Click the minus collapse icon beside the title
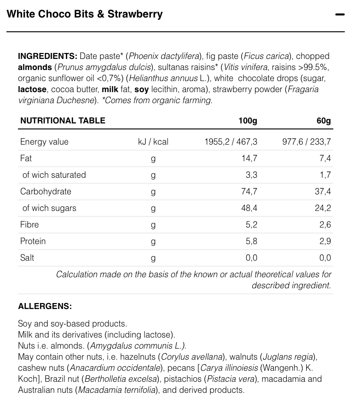tap(340, 15)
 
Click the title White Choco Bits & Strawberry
tap(85, 14)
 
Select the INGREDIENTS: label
tap(47, 56)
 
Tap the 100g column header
tap(248, 121)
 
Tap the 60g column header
tap(324, 121)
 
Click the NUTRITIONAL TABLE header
tap(63, 121)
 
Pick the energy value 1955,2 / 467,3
tap(231, 142)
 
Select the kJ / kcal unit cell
tap(153, 142)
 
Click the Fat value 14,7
tap(249, 158)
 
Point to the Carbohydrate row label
tap(46, 192)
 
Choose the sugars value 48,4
tap(249, 208)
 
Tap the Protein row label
tap(33, 241)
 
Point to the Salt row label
tap(27, 258)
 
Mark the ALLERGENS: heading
tap(45, 306)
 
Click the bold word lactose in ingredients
tap(32, 89)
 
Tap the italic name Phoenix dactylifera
tap(164, 56)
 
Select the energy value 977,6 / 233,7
tap(307, 142)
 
